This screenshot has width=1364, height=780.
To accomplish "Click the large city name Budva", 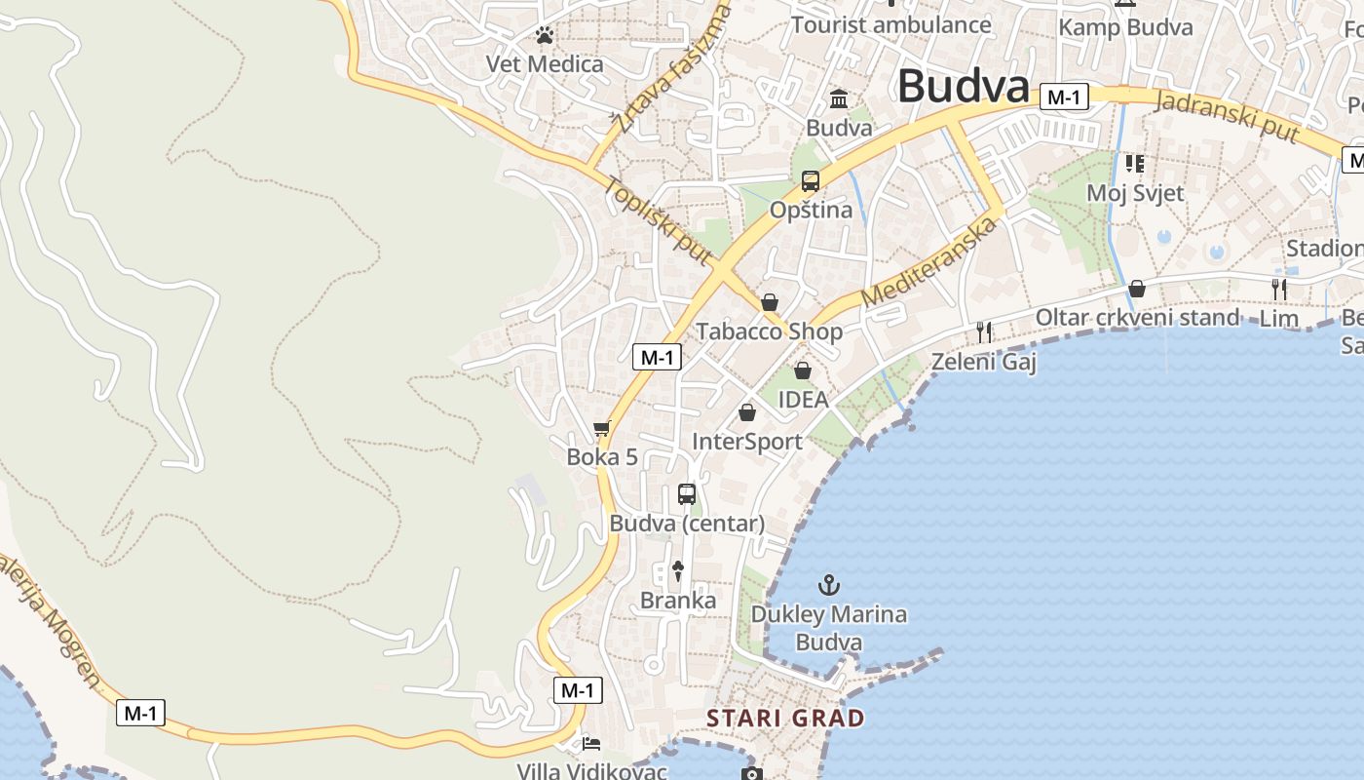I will (x=963, y=86).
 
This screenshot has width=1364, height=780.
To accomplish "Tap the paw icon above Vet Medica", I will (x=545, y=36).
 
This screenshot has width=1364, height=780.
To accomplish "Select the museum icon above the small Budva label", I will (x=839, y=98).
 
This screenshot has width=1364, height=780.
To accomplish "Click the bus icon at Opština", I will (x=811, y=180).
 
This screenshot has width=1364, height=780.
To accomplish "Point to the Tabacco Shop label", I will (x=769, y=331).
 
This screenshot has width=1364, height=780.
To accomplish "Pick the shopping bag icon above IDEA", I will (x=803, y=370).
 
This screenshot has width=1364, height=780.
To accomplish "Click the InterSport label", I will (x=747, y=442).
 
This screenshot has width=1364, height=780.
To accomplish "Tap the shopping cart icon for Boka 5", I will (x=602, y=428).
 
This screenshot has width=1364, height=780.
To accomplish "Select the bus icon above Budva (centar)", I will (x=687, y=494).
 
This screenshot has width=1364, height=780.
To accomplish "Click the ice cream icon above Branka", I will (x=679, y=570).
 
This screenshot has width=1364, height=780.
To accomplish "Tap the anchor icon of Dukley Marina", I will (x=828, y=585).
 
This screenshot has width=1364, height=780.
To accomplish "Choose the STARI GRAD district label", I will (x=785, y=719).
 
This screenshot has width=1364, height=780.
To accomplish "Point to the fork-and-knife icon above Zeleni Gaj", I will (x=984, y=332).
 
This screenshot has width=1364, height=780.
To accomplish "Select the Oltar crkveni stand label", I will (x=1137, y=317).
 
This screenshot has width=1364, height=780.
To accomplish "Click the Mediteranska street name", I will (x=930, y=261).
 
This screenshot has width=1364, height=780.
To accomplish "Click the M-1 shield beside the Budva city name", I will (x=1063, y=97).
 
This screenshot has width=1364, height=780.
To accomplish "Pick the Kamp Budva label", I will (x=1125, y=27).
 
